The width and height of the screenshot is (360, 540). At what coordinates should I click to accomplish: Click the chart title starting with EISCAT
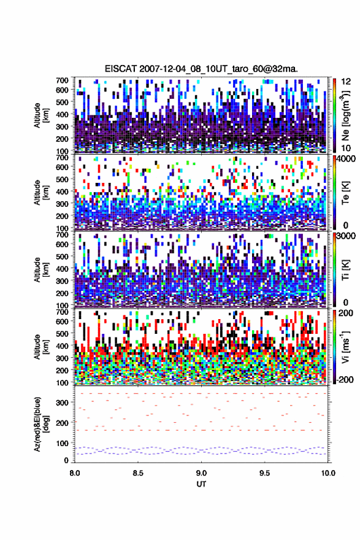201,69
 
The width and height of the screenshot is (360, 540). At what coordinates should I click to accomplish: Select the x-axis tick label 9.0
201,473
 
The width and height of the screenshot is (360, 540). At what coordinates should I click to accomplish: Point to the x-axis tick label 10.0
327,473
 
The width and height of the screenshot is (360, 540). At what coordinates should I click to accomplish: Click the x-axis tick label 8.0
74,473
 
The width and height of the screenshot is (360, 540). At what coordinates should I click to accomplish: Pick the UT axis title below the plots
201,484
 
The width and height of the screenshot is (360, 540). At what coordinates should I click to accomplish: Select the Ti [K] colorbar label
345,269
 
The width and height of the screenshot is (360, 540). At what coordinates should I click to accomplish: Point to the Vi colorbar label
345,347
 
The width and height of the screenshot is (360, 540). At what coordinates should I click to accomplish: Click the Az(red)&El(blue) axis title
41,423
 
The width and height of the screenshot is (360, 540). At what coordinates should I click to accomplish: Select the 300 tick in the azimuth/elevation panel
63,403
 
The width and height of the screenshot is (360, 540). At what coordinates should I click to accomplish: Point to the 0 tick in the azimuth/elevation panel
66,460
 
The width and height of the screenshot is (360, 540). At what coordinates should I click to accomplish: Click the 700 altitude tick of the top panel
63,80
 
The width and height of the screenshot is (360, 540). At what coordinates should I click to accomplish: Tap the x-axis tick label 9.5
264,473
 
